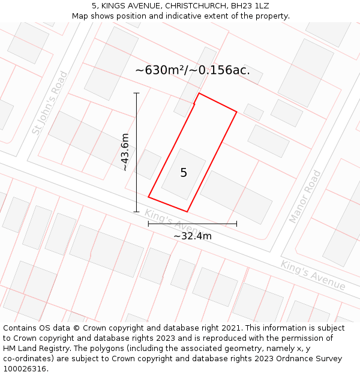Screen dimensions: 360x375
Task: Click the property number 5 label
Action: (184, 173)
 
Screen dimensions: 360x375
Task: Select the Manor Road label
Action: (305, 196)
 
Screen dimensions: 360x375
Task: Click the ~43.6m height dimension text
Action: (125, 152)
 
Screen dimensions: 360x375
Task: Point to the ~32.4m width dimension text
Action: (192, 236)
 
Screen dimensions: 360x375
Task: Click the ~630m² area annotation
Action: (192, 70)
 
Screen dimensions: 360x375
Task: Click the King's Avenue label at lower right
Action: (313, 275)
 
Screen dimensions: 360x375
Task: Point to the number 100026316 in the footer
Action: (24, 368)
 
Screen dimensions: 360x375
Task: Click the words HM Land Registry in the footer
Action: (32, 348)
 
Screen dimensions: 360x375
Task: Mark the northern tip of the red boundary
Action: (199, 94)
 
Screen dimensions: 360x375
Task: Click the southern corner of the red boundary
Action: (187, 212)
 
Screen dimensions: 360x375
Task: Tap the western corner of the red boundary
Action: (149, 197)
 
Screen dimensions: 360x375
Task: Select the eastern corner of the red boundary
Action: (236, 112)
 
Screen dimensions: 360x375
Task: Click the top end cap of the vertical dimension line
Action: (136, 94)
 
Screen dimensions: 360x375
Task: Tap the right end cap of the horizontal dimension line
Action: (236, 224)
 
